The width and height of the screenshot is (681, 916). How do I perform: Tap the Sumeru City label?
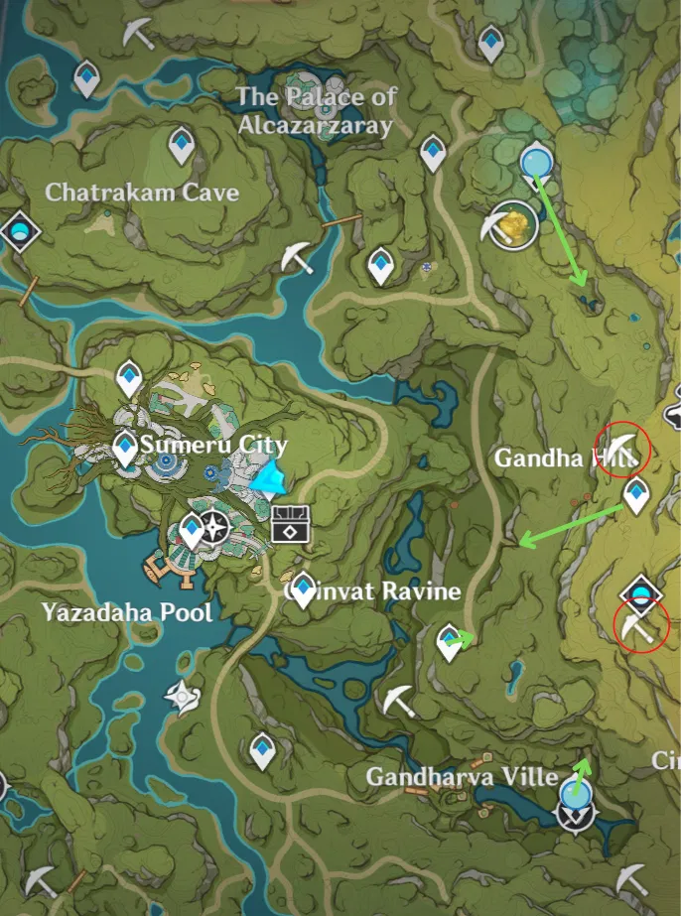pyautogui.click(x=213, y=445)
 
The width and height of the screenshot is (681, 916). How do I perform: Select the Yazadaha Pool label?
pyautogui.click(x=127, y=611)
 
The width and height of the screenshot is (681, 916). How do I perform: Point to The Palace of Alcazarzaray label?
pyautogui.click(x=316, y=111)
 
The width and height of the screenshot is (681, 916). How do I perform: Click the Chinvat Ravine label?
pyautogui.click(x=373, y=591)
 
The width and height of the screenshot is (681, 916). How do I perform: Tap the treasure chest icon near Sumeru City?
pyautogui.click(x=291, y=522)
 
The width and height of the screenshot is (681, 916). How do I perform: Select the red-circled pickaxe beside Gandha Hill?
pyautogui.click(x=621, y=449)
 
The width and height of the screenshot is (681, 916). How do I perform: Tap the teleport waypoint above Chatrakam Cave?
pyautogui.click(x=181, y=147)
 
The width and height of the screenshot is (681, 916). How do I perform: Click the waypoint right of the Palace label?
pyautogui.click(x=433, y=153)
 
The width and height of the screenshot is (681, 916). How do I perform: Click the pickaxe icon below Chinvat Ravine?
pyautogui.click(x=399, y=700)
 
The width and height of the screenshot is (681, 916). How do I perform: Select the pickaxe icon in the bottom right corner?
pyautogui.click(x=632, y=877)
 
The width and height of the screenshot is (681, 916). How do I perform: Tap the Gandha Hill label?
pyautogui.click(x=550, y=458)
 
